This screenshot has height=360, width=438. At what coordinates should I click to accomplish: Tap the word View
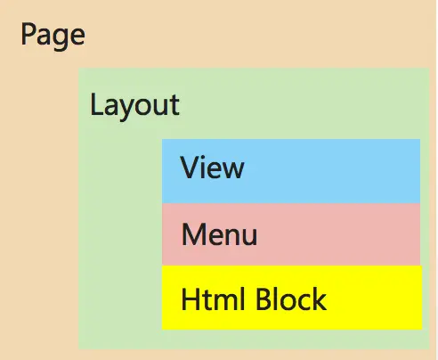pos(212,168)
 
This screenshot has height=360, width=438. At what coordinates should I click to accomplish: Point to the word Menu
pos(219,234)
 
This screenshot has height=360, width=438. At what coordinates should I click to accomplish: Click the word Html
pos(213,299)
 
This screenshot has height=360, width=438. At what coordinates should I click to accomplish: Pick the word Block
pos(291,299)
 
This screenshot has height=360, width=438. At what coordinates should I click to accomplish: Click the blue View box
pos(291,171)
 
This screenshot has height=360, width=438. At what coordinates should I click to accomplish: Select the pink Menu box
pos(291,234)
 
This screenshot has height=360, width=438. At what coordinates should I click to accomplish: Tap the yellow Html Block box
pos(292,298)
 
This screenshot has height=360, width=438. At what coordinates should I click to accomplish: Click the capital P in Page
pos(28,34)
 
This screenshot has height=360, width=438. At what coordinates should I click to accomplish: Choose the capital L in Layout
pos(96,104)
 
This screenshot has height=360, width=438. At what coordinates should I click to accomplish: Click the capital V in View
pos(191,168)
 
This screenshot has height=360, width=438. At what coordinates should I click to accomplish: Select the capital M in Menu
pos(194,234)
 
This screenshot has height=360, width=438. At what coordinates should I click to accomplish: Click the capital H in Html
pos(191,299)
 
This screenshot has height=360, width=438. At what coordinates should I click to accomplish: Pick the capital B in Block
pos(264,299)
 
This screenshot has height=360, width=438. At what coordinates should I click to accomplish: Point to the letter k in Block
pos(318,299)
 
